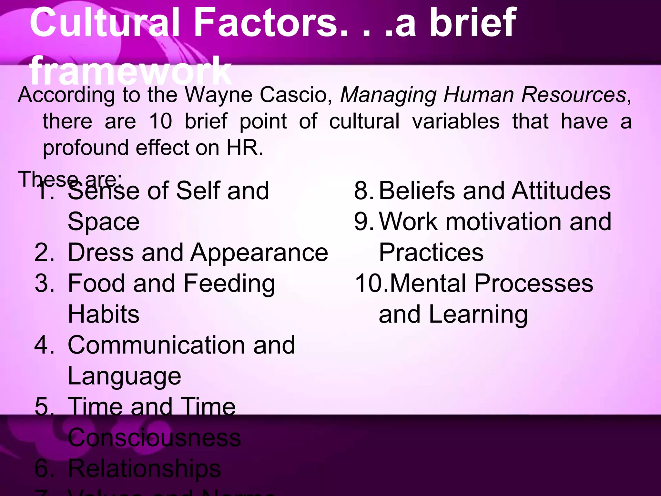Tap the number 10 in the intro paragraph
[x=160, y=121]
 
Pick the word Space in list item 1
[x=104, y=222]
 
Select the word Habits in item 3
[x=104, y=314]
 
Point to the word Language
[x=124, y=377]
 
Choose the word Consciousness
[x=154, y=438]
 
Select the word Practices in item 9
[x=431, y=253]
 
